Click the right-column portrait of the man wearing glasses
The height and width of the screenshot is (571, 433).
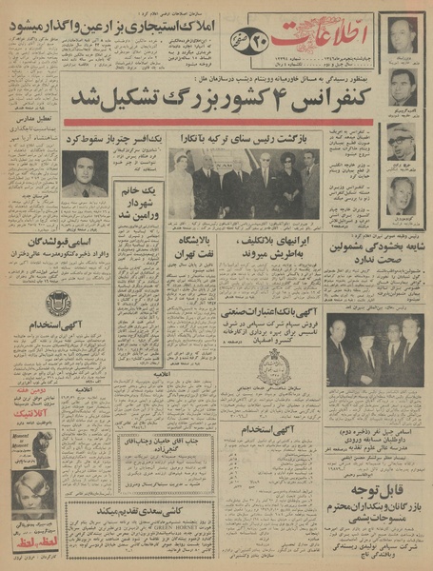402,141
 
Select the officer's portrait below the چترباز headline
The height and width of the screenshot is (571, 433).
86,174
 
